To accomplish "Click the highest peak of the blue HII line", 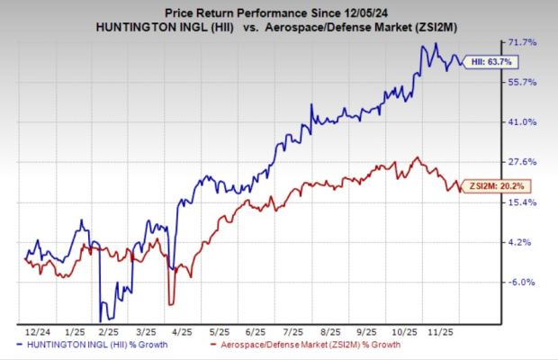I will point(436,43).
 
